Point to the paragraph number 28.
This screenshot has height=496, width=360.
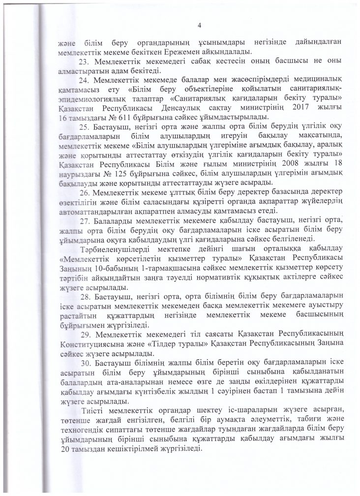point(84,295)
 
